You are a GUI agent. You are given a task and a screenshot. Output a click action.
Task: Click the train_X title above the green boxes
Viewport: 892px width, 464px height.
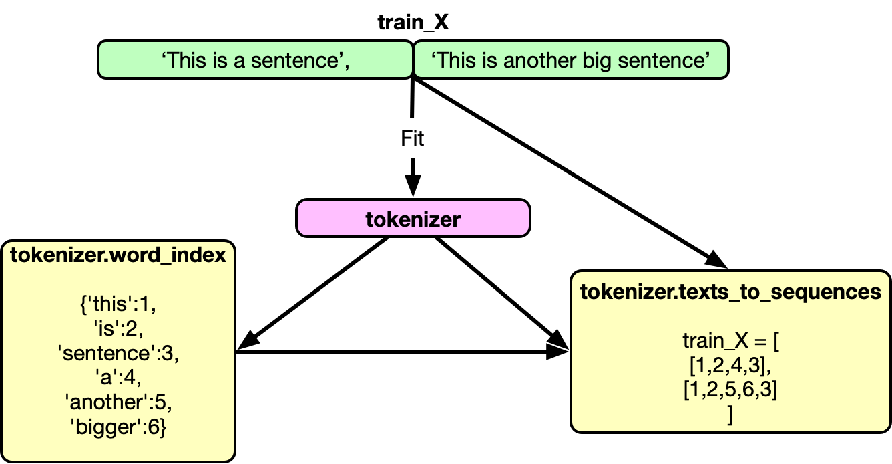(x=413, y=22)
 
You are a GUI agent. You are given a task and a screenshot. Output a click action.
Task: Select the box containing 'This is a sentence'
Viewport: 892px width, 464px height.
(x=256, y=60)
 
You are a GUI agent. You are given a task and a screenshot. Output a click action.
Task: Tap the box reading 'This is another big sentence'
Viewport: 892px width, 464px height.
(x=570, y=60)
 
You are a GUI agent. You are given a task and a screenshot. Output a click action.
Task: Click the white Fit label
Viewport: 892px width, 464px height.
(x=413, y=138)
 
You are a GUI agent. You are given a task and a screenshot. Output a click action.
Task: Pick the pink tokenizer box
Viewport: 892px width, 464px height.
(x=413, y=219)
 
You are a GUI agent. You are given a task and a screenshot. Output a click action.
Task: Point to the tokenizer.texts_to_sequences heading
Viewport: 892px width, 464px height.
(x=730, y=292)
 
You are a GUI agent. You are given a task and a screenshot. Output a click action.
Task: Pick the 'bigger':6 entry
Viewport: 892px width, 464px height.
(x=118, y=428)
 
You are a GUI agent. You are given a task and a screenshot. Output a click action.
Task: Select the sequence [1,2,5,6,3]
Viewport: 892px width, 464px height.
(x=730, y=390)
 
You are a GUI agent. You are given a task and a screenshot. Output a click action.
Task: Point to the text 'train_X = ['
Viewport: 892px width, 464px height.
(x=730, y=341)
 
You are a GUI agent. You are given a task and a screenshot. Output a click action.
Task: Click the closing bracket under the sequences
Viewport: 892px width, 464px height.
(x=730, y=415)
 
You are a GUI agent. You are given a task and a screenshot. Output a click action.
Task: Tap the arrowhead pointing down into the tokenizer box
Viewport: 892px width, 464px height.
(x=413, y=186)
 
